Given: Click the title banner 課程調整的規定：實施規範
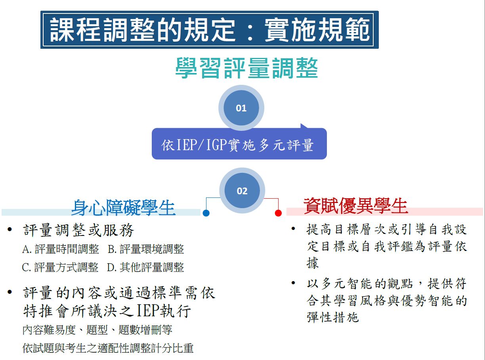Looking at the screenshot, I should (x=209, y=30).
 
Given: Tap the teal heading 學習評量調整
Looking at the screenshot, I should (x=246, y=68).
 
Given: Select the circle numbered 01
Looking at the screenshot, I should (x=241, y=108).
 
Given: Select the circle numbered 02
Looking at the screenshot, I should (x=242, y=191).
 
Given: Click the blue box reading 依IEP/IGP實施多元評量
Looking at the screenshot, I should (x=239, y=145).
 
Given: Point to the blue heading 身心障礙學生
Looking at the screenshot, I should (x=123, y=207).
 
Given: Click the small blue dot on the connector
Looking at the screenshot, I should (x=206, y=213).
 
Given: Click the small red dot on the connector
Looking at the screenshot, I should (x=278, y=213).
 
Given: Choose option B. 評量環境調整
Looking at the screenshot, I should (x=146, y=249).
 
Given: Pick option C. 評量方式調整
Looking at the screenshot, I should (x=60, y=267).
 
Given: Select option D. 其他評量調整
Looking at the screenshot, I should (x=145, y=267).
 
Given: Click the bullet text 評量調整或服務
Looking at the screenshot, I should (x=79, y=230).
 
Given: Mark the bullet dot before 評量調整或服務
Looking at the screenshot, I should (x=10, y=230).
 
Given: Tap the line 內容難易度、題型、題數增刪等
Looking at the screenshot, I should (x=97, y=330).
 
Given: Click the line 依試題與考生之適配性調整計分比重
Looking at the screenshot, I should (x=108, y=348).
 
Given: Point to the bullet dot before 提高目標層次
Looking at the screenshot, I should (x=293, y=229).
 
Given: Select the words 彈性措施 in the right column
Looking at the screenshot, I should (x=332, y=317).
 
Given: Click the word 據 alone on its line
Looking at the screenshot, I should (x=313, y=263).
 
